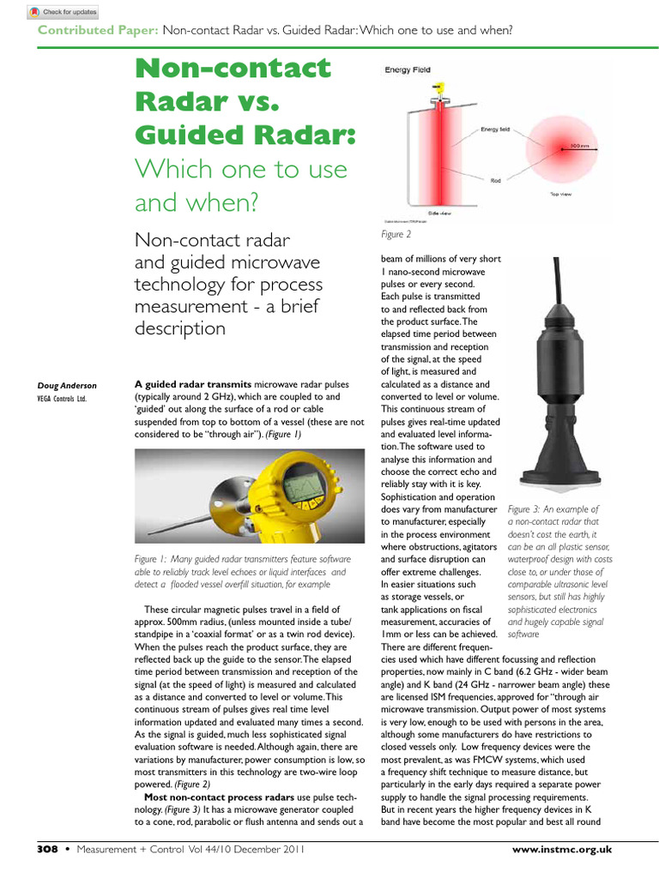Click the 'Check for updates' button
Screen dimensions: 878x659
point(63,12)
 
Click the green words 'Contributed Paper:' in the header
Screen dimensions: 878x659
point(97,31)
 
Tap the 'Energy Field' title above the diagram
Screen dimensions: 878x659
point(407,70)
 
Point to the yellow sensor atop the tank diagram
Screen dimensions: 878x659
point(438,87)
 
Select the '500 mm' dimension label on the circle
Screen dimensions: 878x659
point(580,147)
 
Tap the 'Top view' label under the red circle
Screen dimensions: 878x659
point(560,195)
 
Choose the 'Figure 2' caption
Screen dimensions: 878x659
point(396,234)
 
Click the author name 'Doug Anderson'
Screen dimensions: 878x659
point(67,386)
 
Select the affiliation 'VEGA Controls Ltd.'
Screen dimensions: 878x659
point(62,399)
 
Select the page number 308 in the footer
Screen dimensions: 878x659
point(46,849)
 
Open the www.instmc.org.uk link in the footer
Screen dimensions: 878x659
point(561,849)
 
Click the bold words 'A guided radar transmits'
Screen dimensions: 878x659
point(193,385)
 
